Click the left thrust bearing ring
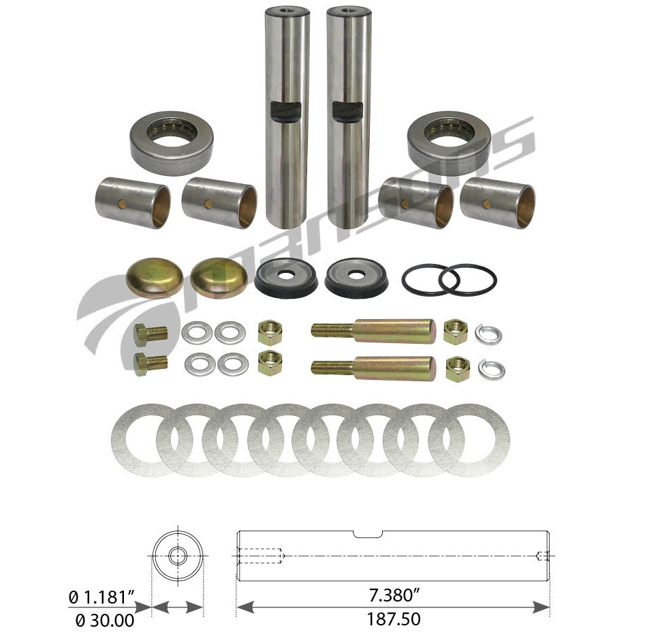pyautogui.click(x=171, y=143)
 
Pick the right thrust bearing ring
pyautogui.click(x=449, y=142)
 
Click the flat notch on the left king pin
pyautogui.click(x=286, y=110)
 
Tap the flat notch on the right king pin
pyautogui.click(x=347, y=111)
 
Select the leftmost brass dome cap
pyautogui.click(x=155, y=277)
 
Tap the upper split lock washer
pyautogui.click(x=490, y=334)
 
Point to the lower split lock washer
pyautogui.click(x=491, y=369)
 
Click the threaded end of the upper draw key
pyautogui.click(x=331, y=330)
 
